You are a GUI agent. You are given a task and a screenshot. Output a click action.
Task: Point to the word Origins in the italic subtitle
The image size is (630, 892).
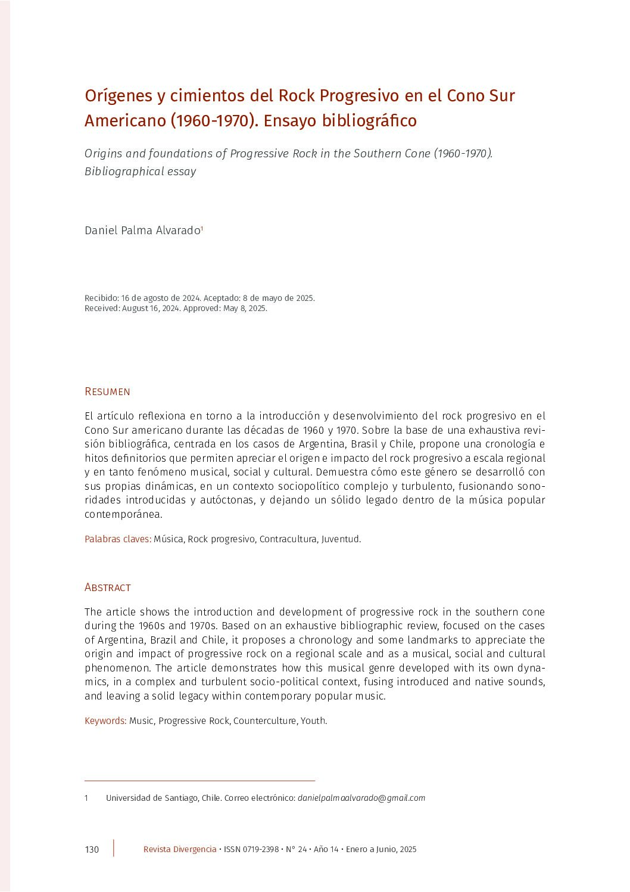tap(103, 154)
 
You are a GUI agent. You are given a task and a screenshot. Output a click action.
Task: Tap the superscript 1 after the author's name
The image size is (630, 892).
tap(202, 228)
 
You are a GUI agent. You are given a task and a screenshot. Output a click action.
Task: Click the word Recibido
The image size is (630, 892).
tap(101, 298)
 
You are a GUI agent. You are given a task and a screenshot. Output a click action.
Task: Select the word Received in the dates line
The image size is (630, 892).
tap(102, 309)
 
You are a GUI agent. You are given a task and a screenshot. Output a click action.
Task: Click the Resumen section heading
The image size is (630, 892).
tap(107, 391)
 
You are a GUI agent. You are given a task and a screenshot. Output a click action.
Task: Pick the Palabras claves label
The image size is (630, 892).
tap(117, 539)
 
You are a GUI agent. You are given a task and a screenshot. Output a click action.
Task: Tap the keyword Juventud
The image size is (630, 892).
tap(341, 539)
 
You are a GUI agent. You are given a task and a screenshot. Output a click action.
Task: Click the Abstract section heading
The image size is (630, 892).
tap(107, 588)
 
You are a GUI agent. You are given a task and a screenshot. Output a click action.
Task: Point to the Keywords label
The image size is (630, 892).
tap(105, 721)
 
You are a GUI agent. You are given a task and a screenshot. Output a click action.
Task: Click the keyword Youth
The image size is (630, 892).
tap(313, 721)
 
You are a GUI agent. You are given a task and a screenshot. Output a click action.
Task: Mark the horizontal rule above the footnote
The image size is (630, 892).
tap(199, 780)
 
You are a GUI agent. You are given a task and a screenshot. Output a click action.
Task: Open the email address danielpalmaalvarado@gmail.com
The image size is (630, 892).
tap(361, 798)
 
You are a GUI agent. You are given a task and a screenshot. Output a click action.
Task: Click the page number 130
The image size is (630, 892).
tap(92, 850)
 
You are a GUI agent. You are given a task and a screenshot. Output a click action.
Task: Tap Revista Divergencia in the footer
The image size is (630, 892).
tap(180, 850)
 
